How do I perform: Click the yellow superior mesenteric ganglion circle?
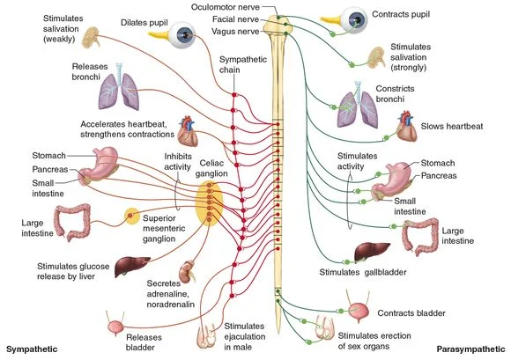pos(132,216)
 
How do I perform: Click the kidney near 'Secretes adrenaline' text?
pos(186,270)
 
